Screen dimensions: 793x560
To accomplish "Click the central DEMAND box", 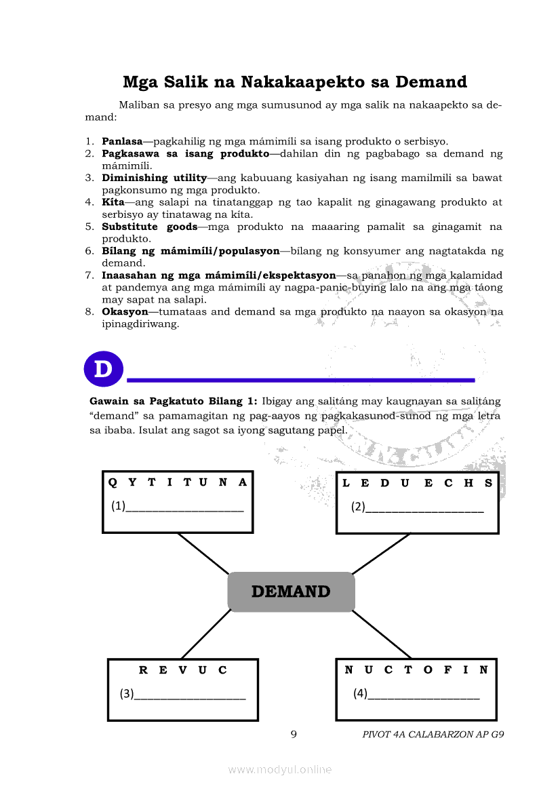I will pyautogui.click(x=291, y=592).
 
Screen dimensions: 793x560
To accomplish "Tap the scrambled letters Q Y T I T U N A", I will pyautogui.click(x=178, y=482).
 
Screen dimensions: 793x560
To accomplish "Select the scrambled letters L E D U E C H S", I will pyautogui.click(x=417, y=483).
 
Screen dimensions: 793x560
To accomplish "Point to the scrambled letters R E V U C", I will pyautogui.click(x=183, y=670).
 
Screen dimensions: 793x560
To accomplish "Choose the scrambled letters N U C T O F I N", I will pyautogui.click(x=416, y=670).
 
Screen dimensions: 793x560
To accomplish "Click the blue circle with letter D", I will pyautogui.click(x=103, y=370).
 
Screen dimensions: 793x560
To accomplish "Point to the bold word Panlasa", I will pyautogui.click(x=122, y=142).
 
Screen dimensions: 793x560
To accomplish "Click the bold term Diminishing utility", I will pyautogui.click(x=154, y=178).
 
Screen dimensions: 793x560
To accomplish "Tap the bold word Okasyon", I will pyautogui.click(x=125, y=312).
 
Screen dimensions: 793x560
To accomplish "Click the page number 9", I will pyautogui.click(x=294, y=734).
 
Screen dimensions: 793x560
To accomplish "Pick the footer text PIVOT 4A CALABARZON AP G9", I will pyautogui.click(x=433, y=735).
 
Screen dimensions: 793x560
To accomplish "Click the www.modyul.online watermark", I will pyautogui.click(x=280, y=769).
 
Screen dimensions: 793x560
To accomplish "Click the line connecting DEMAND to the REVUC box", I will pyautogui.click(x=206, y=634).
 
